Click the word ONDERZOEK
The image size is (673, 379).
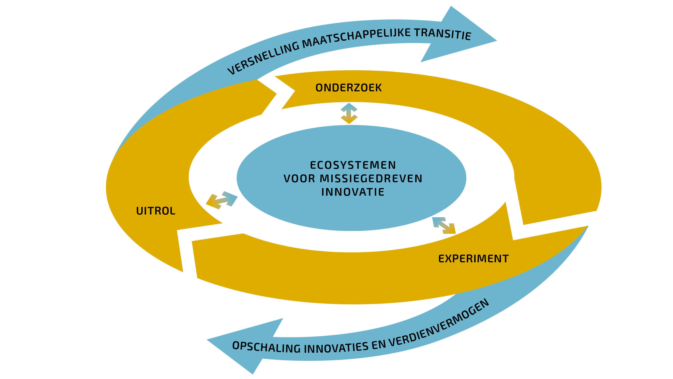tap(349, 88)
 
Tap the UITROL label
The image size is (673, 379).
tap(156, 211)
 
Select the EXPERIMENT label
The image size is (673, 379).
tap(473, 259)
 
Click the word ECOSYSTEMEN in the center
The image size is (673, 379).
tap(353, 165)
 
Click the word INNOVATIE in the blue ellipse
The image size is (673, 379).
tap(353, 192)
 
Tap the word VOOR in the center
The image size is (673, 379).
tap(299, 179)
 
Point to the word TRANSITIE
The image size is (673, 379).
tap(443, 34)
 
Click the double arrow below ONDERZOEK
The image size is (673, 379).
tap(349, 113)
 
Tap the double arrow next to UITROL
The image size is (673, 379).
tap(222, 200)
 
